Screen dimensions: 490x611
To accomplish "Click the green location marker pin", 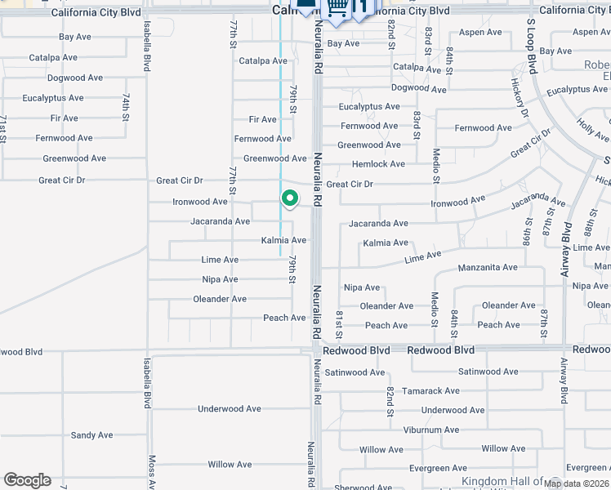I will click(289, 198).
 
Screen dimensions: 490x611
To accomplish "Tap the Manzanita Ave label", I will click(488, 267).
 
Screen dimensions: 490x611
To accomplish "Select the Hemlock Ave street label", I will click(378, 164).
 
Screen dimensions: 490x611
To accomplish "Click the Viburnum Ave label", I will click(431, 430).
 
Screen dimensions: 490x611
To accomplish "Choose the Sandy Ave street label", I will click(91, 435).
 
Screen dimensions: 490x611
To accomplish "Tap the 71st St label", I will click(3, 128).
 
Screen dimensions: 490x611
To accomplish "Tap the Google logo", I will click(27, 480).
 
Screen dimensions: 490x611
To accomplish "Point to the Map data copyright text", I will click(575, 483).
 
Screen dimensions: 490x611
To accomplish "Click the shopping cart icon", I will click(337, 8).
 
